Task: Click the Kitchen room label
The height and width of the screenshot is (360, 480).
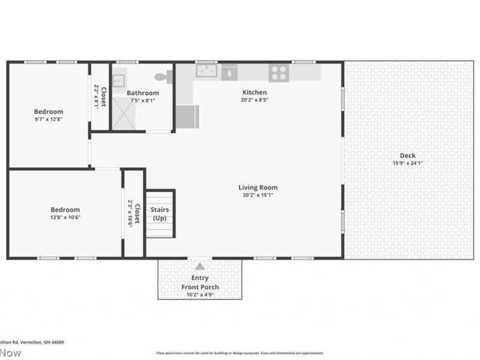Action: pyautogui.click(x=254, y=92)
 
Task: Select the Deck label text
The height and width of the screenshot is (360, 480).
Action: pyautogui.click(x=407, y=156)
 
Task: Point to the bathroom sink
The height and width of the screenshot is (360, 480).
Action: pyautogui.click(x=118, y=79)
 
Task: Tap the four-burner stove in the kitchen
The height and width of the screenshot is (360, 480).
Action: pyautogui.click(x=278, y=73)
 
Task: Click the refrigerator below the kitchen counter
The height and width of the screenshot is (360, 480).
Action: pyautogui.click(x=187, y=116)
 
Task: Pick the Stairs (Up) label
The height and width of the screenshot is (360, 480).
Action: pyautogui.click(x=160, y=214)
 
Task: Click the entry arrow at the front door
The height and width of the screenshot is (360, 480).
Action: pyautogui.click(x=200, y=266)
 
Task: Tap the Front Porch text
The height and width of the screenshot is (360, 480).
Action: pyautogui.click(x=200, y=287)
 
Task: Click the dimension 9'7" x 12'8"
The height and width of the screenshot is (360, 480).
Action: pyautogui.click(x=48, y=119)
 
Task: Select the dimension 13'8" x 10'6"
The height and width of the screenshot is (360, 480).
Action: pyautogui.click(x=65, y=217)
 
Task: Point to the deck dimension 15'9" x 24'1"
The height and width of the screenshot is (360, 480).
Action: pyautogui.click(x=407, y=163)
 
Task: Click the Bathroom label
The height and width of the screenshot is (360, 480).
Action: pyautogui.click(x=143, y=93)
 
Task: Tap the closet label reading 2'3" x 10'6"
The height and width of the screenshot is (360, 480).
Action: pyautogui.click(x=130, y=214)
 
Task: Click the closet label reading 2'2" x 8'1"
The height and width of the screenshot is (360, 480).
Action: pyautogui.click(x=97, y=96)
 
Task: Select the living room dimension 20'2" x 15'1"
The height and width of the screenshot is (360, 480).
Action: pyautogui.click(x=258, y=195)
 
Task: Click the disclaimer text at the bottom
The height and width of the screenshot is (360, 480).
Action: pyautogui.click(x=240, y=353)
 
